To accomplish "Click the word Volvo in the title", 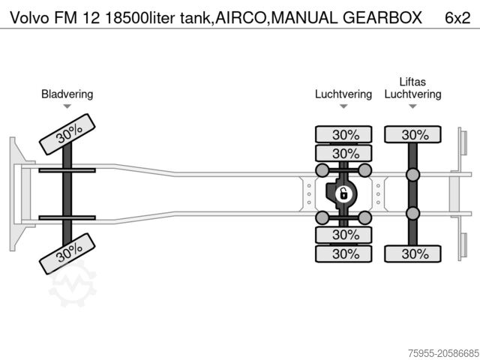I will click(25, 16).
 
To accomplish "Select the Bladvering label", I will click(67, 94).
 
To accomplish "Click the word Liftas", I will click(412, 82).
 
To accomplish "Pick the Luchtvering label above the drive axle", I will click(343, 94).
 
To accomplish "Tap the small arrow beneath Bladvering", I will click(67, 106).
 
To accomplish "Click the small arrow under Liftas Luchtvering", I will click(412, 106).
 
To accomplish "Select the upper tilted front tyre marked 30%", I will click(68, 134).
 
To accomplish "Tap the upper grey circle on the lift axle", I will click(412, 175).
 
